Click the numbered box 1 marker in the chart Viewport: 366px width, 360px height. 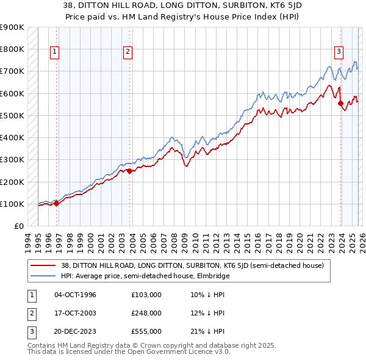[x=55, y=52]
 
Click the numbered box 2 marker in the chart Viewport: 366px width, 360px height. [x=128, y=52]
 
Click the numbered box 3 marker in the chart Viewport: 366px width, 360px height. [x=338, y=52]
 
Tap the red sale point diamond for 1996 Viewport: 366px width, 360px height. [x=57, y=203]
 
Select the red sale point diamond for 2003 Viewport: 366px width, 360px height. [x=129, y=171]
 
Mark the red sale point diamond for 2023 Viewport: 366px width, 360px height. [x=341, y=104]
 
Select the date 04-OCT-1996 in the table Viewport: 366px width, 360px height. [x=75, y=295]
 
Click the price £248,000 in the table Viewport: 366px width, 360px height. [x=146, y=313]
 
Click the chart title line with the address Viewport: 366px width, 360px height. [x=183, y=7]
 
